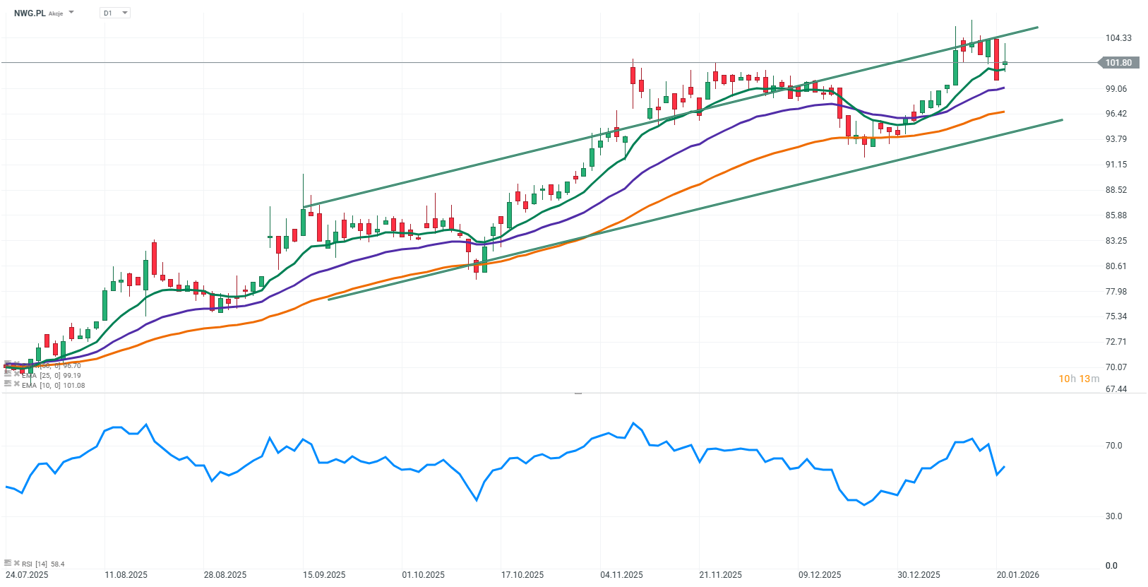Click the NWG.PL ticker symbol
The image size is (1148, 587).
[x=30, y=13]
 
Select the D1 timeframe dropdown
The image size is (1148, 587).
[x=114, y=13]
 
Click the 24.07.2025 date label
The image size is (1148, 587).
[x=27, y=575]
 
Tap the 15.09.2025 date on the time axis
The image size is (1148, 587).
[x=324, y=575]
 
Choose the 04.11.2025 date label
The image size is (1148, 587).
[x=621, y=575]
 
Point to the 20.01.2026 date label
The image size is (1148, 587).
[x=1017, y=575]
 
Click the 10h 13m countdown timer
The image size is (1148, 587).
[x=1078, y=379]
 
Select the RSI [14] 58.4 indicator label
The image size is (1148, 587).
[x=42, y=564]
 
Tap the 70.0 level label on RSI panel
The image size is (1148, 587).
[x=1113, y=446]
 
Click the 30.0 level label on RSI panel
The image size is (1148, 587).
[x=1113, y=516]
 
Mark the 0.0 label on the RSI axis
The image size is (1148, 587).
[x=1111, y=566]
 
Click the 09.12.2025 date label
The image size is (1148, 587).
[x=820, y=575]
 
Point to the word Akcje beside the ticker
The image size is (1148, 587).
[x=56, y=13]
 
